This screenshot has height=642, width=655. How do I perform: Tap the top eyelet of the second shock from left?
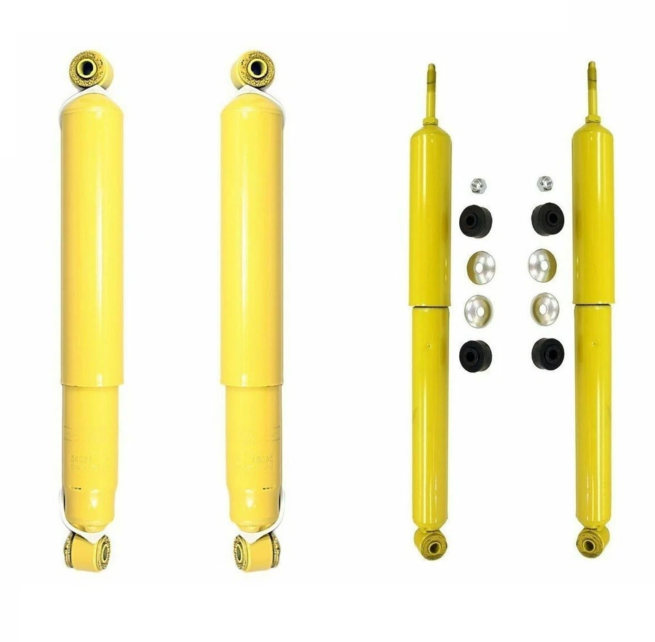[255, 68]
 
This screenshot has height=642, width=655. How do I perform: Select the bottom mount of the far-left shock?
[88, 550]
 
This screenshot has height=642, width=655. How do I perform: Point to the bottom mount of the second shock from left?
[257, 550]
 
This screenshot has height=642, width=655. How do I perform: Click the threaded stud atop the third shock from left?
[431, 92]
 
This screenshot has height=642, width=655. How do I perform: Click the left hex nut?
[478, 184]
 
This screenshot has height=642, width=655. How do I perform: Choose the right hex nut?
[544, 183]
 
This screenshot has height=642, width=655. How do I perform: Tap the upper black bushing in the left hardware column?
[476, 221]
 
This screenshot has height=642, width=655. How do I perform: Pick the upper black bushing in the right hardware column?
[547, 219]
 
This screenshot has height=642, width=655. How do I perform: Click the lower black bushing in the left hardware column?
[476, 356]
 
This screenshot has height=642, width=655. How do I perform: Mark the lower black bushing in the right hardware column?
[547, 353]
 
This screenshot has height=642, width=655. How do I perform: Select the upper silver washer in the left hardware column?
[482, 267]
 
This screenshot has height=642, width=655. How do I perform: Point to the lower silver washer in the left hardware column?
[478, 311]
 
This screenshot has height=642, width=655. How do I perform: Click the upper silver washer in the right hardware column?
[542, 265]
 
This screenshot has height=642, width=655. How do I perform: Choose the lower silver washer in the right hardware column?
[544, 309]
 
